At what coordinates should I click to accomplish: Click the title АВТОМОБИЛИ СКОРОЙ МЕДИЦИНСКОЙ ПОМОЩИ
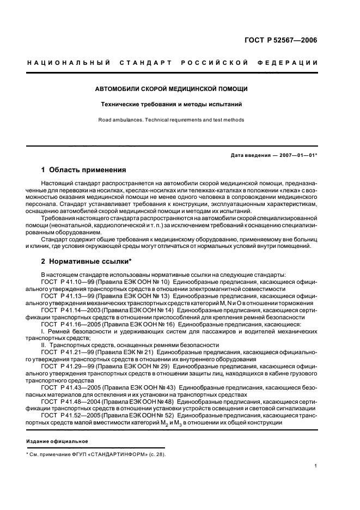pyautogui.click(x=172, y=88)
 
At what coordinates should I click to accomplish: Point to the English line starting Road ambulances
pyautogui.click(x=172, y=120)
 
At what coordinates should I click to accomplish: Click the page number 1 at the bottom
pyautogui.click(x=316, y=466)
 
